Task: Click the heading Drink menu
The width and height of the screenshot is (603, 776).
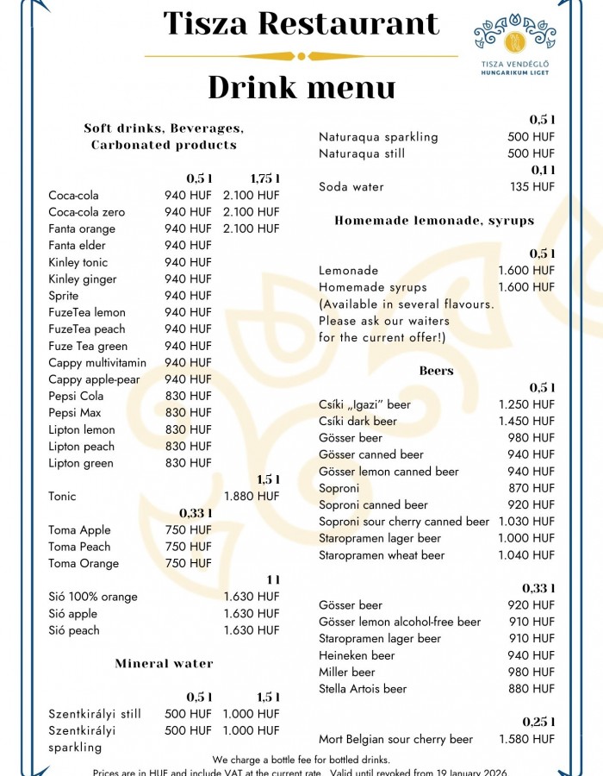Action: click(x=301, y=87)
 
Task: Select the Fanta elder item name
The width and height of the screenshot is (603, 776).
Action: click(x=78, y=246)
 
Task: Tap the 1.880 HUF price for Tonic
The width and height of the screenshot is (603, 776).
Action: click(x=252, y=497)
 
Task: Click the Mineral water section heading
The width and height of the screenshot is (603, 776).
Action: click(x=164, y=664)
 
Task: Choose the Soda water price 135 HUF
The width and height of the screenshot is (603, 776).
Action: click(x=532, y=187)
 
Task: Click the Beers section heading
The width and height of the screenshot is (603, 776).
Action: click(x=436, y=371)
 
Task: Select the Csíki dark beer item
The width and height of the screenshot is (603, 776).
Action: click(x=358, y=422)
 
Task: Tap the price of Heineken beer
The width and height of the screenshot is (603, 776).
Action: click(x=532, y=655)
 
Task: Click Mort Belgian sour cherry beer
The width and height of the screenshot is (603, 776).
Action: click(x=395, y=739)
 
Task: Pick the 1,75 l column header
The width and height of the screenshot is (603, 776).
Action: click(x=265, y=178)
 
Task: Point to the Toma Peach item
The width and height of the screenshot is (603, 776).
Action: click(x=79, y=547)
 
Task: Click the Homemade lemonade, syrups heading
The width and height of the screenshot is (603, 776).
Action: click(x=434, y=221)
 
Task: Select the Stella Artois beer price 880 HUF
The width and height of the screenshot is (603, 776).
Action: click(x=532, y=689)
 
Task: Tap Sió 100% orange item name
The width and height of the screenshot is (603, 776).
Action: click(x=93, y=597)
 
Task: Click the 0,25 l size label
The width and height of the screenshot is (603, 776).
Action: click(x=539, y=722)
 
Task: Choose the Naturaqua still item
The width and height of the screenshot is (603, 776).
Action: click(x=362, y=153)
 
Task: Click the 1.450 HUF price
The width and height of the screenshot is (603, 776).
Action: click(x=526, y=422)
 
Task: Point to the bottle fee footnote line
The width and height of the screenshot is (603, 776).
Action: click(x=301, y=760)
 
